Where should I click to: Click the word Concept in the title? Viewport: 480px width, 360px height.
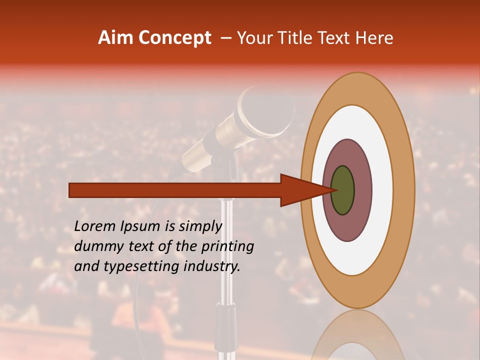(x=174, y=38)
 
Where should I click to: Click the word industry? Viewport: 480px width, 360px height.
(x=212, y=266)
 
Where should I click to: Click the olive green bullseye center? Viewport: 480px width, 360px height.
(x=343, y=190)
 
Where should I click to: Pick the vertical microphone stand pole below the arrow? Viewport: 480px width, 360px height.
(x=226, y=250)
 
